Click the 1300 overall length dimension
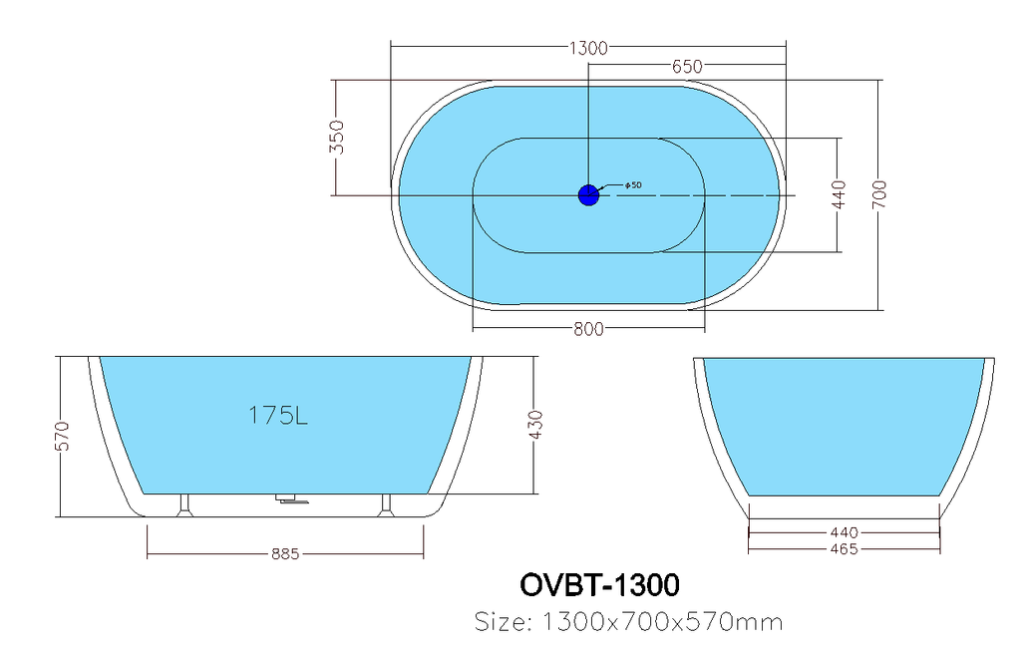click(x=588, y=48)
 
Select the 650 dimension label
click(x=687, y=67)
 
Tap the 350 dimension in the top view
click(x=337, y=137)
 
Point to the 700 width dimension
click(x=879, y=194)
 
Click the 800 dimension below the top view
click(x=588, y=330)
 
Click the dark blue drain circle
click(x=588, y=194)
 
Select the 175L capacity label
click(x=278, y=416)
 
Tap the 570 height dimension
click(x=62, y=436)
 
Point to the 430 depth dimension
click(x=535, y=425)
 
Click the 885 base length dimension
click(x=285, y=554)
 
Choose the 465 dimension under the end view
click(x=844, y=549)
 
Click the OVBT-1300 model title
click(x=599, y=585)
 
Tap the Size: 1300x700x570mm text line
click(x=628, y=622)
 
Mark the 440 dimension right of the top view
click(x=839, y=194)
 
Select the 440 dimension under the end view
click(x=844, y=533)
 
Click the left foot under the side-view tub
click(x=184, y=504)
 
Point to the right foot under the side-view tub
click(x=386, y=504)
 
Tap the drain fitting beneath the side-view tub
click(x=293, y=498)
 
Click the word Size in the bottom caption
click(x=503, y=622)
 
